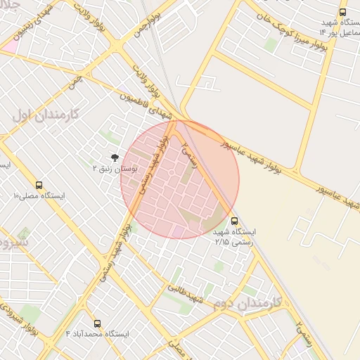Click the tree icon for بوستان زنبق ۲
(114, 158)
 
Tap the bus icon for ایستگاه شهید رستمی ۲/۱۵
(234, 221)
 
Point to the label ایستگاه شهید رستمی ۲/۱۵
(235, 236)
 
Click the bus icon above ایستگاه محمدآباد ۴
(96, 324)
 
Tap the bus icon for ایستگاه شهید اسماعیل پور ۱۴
(342, 12)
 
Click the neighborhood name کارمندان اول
(43, 115)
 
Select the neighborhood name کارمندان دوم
(245, 303)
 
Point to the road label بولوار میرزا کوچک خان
(289, 31)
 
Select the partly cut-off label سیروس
(14, 244)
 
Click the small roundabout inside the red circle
(170, 173)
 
